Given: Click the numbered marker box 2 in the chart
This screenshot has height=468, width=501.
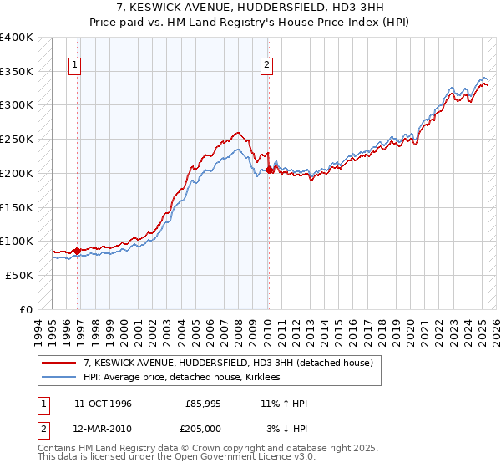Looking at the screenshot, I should pos(266,66).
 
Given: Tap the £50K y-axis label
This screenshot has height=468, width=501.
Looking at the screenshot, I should pos(19,275).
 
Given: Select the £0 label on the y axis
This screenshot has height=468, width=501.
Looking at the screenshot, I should pos(27,309).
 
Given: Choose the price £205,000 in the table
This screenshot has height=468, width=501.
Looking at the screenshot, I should pos(204,429).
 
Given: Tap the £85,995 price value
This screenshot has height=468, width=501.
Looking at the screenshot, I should pos(204,404).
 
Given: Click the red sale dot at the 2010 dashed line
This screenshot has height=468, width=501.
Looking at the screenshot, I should pos(269,170).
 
